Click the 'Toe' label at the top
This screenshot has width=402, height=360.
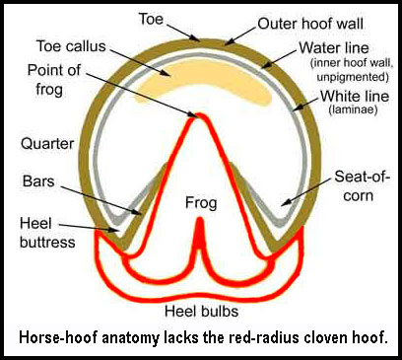[x=151, y=19]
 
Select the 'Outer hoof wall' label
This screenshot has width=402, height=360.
[x=310, y=24]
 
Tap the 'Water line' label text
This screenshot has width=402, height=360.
[x=334, y=48]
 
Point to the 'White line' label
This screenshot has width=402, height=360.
[x=355, y=97]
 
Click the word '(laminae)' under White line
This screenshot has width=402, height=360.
[x=353, y=109]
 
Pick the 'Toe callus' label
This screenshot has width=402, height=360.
[x=71, y=46]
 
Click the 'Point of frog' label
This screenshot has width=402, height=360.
[x=54, y=80]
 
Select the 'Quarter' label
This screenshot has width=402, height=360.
[x=47, y=144]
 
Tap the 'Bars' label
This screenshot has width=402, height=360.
[x=38, y=181]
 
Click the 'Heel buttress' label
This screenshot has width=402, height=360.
[x=47, y=233]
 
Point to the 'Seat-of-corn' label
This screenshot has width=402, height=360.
[x=362, y=186]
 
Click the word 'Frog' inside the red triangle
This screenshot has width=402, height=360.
[x=201, y=203]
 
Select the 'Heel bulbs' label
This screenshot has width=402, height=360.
[x=201, y=311]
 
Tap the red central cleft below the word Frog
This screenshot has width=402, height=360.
[x=199, y=239]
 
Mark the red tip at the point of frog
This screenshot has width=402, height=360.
[x=198, y=115]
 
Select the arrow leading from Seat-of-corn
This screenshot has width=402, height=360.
[x=306, y=192]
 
